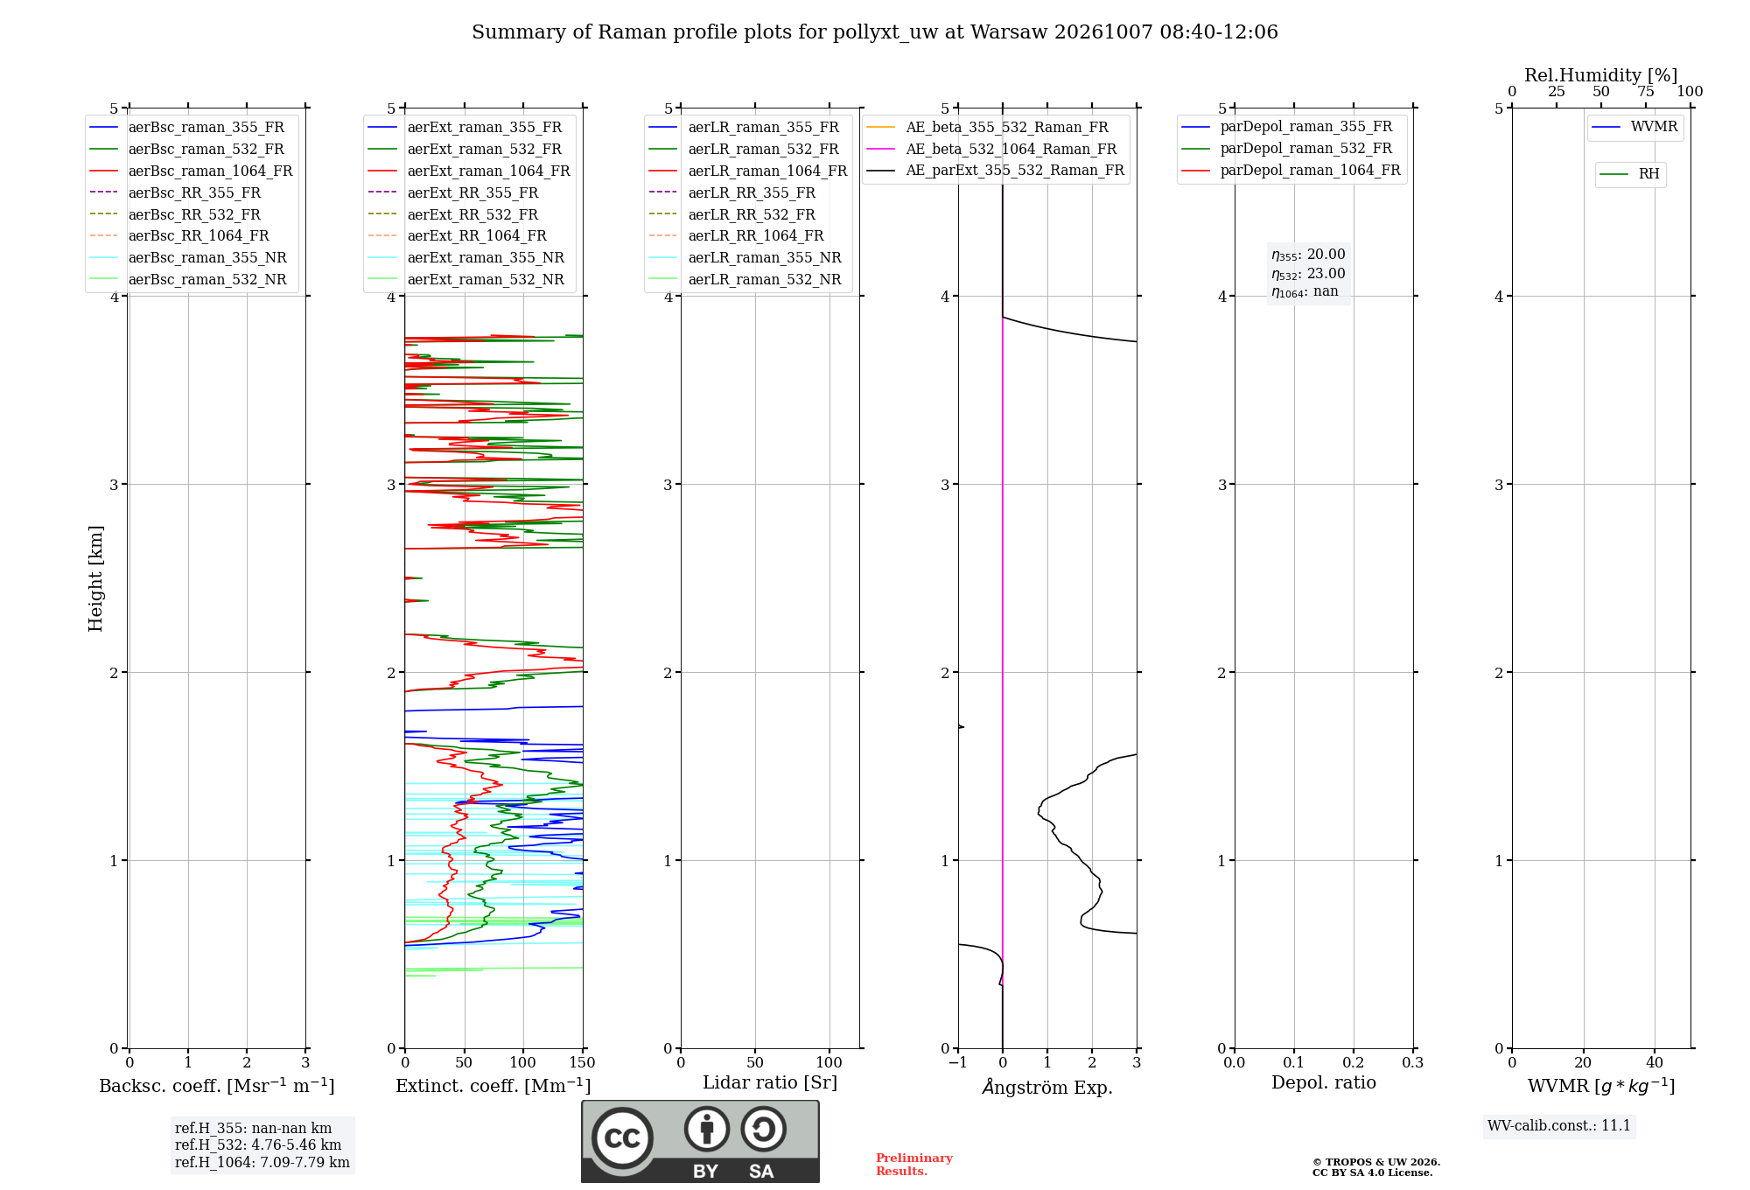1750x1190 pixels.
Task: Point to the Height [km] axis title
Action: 95,578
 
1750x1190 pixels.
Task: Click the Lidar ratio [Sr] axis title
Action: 770,1082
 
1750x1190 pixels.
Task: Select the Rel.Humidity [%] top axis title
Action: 1601,75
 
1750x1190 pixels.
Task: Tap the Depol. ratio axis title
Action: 1324,1082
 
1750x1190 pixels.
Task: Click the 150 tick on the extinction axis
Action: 582,1063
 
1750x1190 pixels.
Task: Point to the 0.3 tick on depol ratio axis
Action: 1413,1063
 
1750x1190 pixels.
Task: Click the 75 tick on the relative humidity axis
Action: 1646,92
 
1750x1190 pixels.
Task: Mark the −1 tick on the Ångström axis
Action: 958,1063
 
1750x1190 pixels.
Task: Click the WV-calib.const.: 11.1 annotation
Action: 1559,1126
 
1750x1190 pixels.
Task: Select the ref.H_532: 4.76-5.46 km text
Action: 258,1145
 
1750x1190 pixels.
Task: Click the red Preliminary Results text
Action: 914,1165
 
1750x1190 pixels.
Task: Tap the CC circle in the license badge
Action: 622,1138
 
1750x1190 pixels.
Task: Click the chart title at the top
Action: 875,32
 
